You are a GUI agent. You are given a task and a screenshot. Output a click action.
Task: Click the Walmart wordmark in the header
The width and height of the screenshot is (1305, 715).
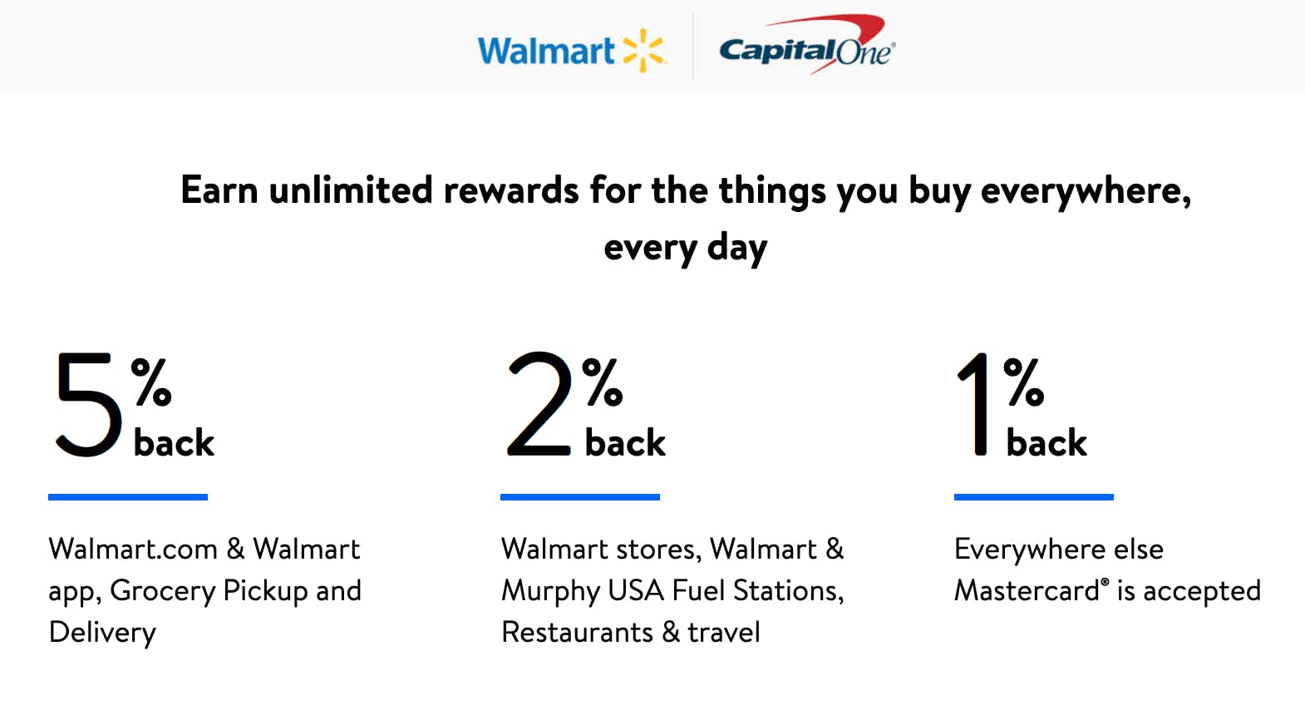click(x=546, y=51)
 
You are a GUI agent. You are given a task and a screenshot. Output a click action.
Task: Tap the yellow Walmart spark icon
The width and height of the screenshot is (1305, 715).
click(x=643, y=50)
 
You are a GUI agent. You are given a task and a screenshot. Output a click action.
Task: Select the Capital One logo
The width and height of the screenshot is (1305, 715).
click(x=807, y=45)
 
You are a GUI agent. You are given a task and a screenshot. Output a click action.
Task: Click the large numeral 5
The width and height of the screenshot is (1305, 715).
click(x=89, y=404)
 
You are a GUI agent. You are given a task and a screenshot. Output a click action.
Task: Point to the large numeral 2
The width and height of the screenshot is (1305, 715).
click(x=539, y=403)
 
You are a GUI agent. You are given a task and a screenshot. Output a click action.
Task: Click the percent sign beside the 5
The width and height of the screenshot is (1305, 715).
click(x=151, y=382)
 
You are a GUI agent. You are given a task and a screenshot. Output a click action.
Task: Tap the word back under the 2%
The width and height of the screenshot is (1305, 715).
click(x=625, y=442)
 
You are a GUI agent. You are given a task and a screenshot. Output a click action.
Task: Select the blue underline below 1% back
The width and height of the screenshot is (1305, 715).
click(x=1033, y=497)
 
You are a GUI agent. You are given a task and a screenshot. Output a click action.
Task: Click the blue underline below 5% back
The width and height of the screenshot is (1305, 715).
click(x=127, y=497)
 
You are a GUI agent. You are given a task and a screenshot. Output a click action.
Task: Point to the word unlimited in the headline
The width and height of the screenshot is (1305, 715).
click(x=351, y=190)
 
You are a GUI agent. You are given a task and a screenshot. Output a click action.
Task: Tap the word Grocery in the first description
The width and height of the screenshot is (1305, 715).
click(x=163, y=592)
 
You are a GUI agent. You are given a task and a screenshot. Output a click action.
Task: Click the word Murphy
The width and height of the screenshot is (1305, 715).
click(x=550, y=592)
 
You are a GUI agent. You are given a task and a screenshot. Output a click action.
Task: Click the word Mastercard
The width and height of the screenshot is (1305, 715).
click(x=1027, y=591)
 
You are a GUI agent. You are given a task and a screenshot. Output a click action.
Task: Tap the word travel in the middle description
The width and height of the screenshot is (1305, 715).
click(x=724, y=632)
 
